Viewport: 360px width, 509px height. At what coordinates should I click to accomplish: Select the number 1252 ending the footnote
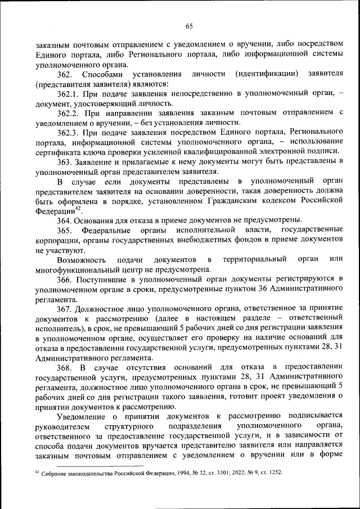coord(274,474)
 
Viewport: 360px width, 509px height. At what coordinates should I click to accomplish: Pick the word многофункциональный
coord(73,268)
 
